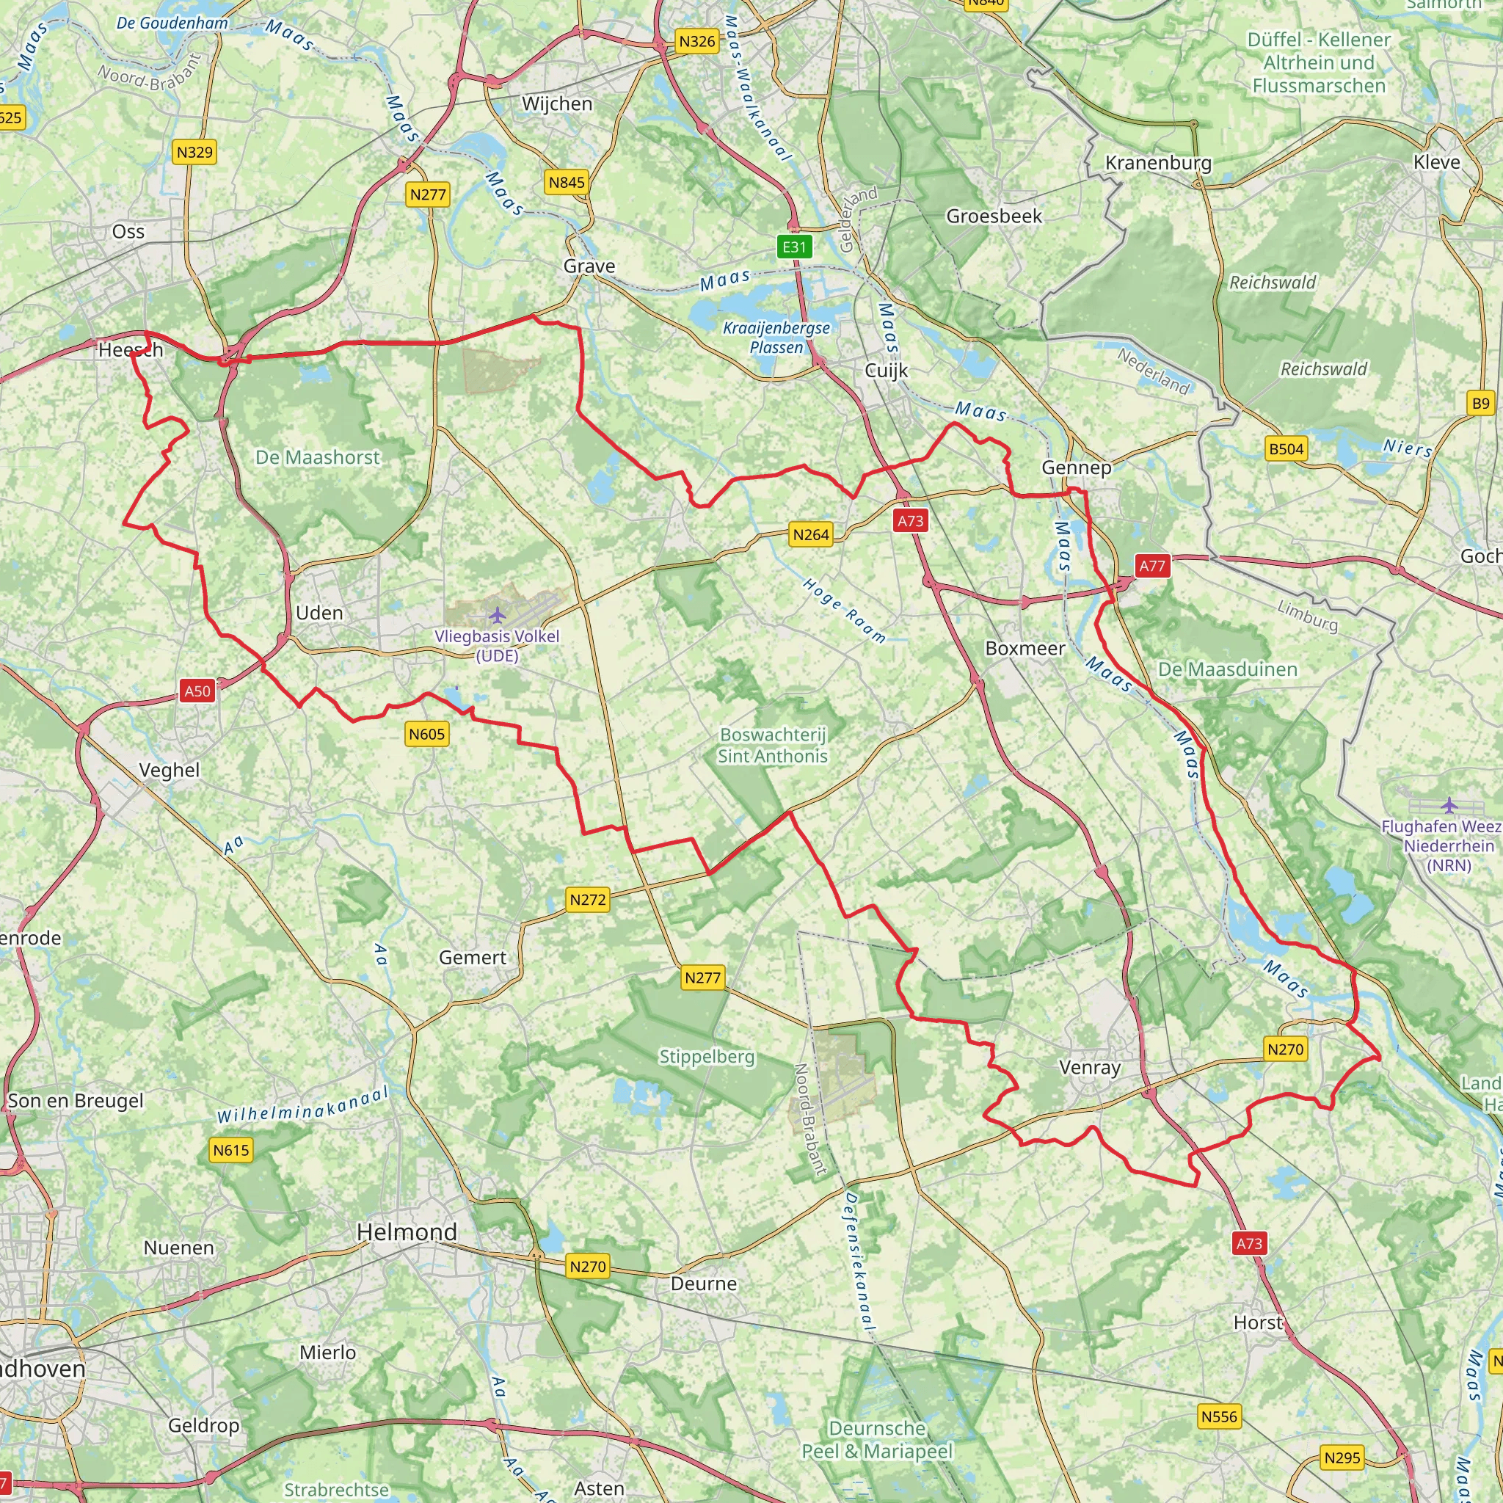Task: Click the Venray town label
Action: (1089, 1067)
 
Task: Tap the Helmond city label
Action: (407, 1231)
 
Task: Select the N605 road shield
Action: (427, 734)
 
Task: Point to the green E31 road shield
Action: (794, 247)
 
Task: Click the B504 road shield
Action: (1286, 448)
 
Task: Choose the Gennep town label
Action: (1077, 467)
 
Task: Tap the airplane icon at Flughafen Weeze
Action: (1449, 805)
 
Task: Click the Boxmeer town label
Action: (1025, 648)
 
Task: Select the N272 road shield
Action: (587, 900)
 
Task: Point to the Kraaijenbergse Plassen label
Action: (776, 338)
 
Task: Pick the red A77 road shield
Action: (1152, 567)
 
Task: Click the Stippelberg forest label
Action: (707, 1057)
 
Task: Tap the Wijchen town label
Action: (557, 103)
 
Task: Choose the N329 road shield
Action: (194, 152)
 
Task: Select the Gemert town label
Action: (472, 958)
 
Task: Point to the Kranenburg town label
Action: (1158, 163)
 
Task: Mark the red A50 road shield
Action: (197, 691)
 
